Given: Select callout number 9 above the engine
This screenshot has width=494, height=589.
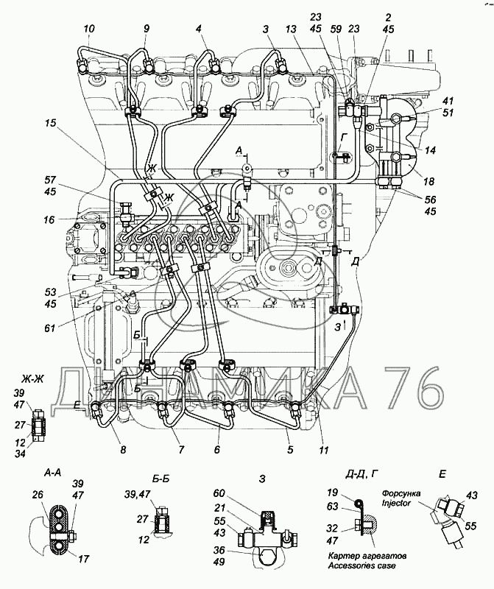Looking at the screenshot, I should (x=146, y=29).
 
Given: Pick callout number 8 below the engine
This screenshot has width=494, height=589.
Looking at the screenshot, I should (x=123, y=450).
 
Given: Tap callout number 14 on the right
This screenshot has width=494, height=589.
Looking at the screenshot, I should (x=430, y=150).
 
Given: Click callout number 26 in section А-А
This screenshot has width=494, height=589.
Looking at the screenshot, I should (x=39, y=494).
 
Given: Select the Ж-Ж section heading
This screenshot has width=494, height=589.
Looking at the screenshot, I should (x=34, y=380).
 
